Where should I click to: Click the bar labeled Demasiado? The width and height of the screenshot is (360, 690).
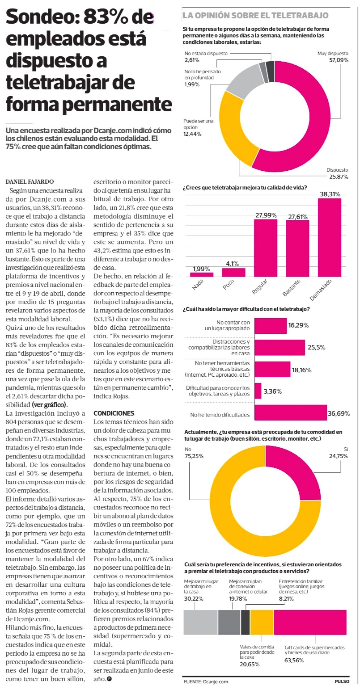click(x=330, y=237)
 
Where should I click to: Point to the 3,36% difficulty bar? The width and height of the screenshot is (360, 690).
click(x=258, y=391)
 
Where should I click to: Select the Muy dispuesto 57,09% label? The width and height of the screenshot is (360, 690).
click(x=333, y=56)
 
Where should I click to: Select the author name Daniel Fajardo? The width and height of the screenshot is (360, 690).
click(x=30, y=182)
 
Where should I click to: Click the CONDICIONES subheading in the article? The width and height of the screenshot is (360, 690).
click(x=114, y=413)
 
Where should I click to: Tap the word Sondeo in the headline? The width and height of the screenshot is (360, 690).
click(x=37, y=18)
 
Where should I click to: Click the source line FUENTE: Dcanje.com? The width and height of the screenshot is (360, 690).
click(x=206, y=682)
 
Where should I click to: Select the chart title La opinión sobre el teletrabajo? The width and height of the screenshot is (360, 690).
click(x=255, y=16)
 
